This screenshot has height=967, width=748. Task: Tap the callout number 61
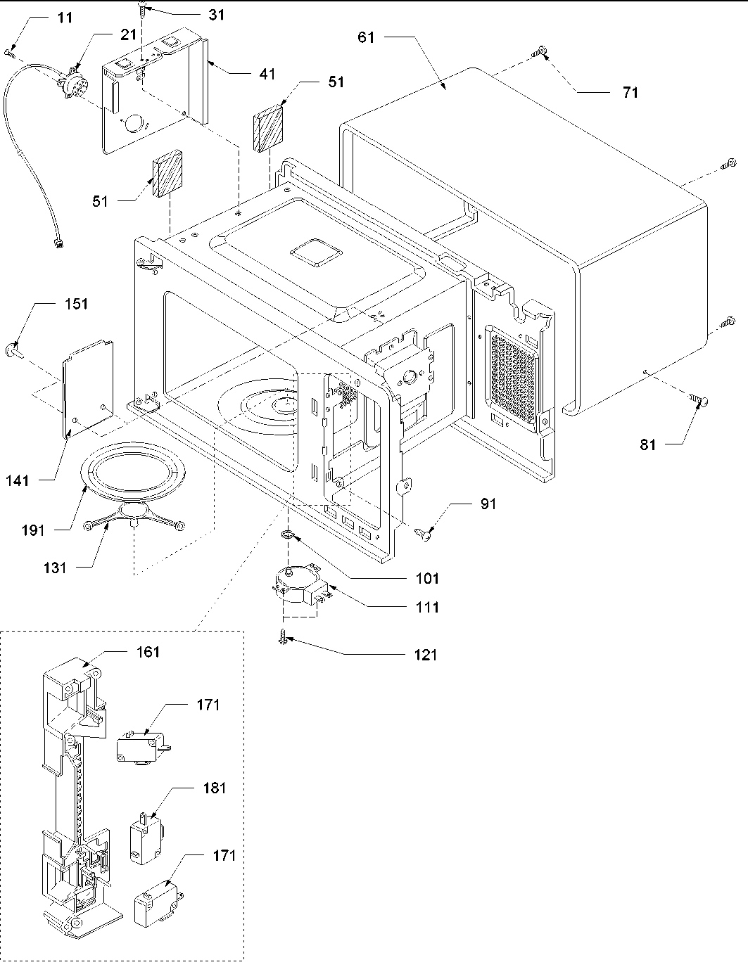coord(367,37)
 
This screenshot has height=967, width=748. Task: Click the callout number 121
coord(425,655)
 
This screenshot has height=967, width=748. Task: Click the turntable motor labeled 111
coord(299,584)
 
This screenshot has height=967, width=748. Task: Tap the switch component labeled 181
coord(146,837)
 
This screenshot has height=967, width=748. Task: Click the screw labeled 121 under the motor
coord(282,638)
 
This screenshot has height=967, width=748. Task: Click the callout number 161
coord(148,652)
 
